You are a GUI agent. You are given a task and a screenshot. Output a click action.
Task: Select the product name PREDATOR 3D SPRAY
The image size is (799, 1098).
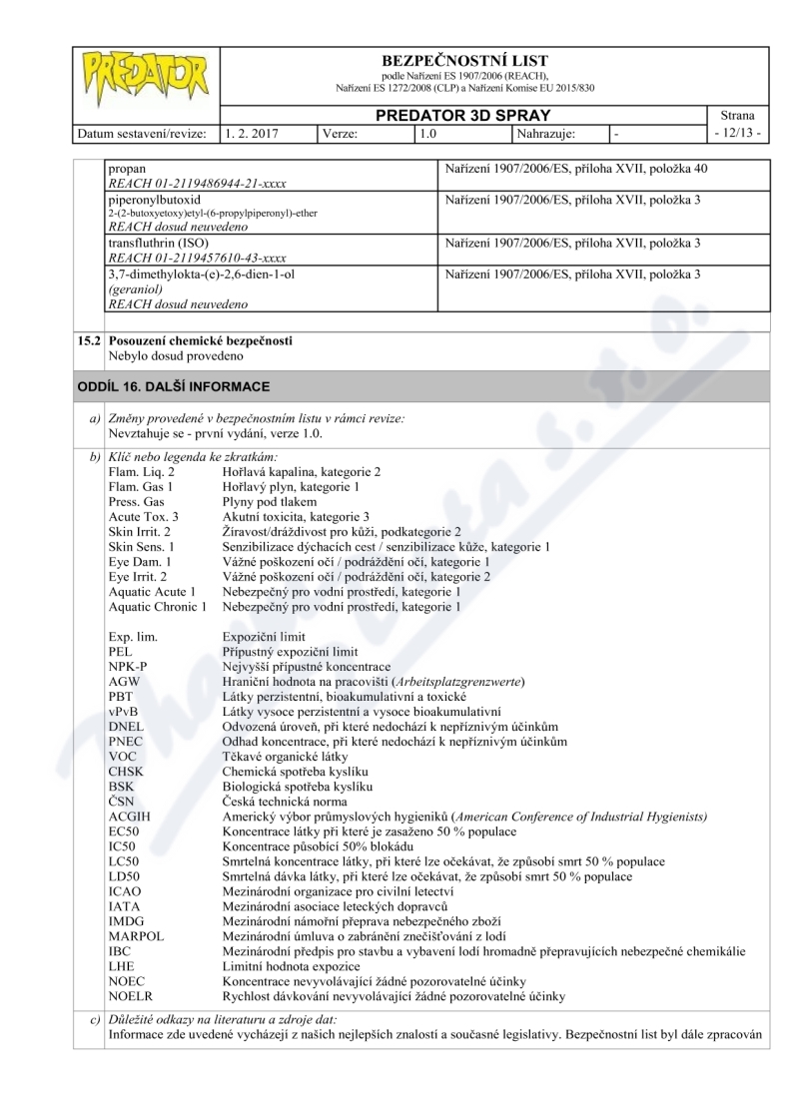[x=463, y=115]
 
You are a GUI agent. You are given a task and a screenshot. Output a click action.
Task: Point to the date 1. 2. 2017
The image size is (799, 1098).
[x=249, y=132]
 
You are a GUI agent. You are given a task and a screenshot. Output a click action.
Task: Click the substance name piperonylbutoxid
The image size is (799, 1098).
[x=155, y=200]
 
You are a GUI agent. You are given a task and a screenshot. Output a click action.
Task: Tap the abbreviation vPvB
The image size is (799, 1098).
[x=124, y=711]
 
